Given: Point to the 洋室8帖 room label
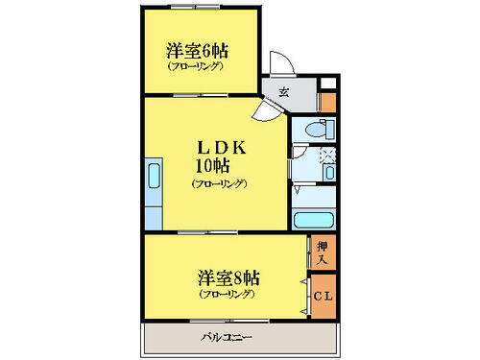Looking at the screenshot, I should click(x=228, y=278).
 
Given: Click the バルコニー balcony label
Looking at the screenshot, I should click(x=228, y=337).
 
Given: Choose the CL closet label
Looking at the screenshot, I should click(x=324, y=295).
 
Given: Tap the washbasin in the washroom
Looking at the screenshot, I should click(x=327, y=174).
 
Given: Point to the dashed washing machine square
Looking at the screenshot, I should click(x=326, y=154).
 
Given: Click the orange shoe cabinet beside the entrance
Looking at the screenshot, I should click(x=327, y=99).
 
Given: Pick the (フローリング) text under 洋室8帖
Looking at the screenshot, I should click(x=228, y=295).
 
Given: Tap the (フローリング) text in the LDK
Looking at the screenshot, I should click(x=219, y=182).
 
